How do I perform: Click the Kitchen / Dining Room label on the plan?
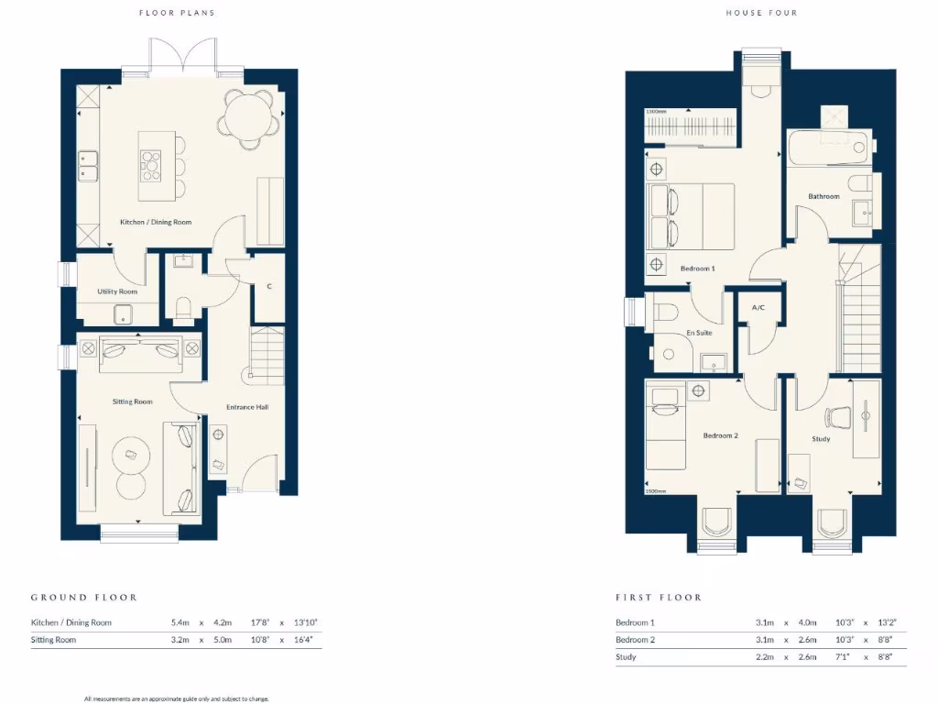tap(157, 222)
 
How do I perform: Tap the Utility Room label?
tap(117, 291)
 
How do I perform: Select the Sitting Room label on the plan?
tap(132, 401)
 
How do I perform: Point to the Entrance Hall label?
tap(248, 407)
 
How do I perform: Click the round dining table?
tap(248, 118)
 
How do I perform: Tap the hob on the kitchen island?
tap(151, 166)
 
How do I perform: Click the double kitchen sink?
tap(89, 166)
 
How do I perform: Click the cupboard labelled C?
tap(269, 287)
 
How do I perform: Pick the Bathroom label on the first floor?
tap(823, 196)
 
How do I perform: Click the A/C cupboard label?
tap(758, 309)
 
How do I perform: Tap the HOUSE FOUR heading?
tap(761, 13)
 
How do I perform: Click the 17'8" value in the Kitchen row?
tap(261, 622)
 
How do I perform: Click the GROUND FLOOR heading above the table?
tap(83, 597)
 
